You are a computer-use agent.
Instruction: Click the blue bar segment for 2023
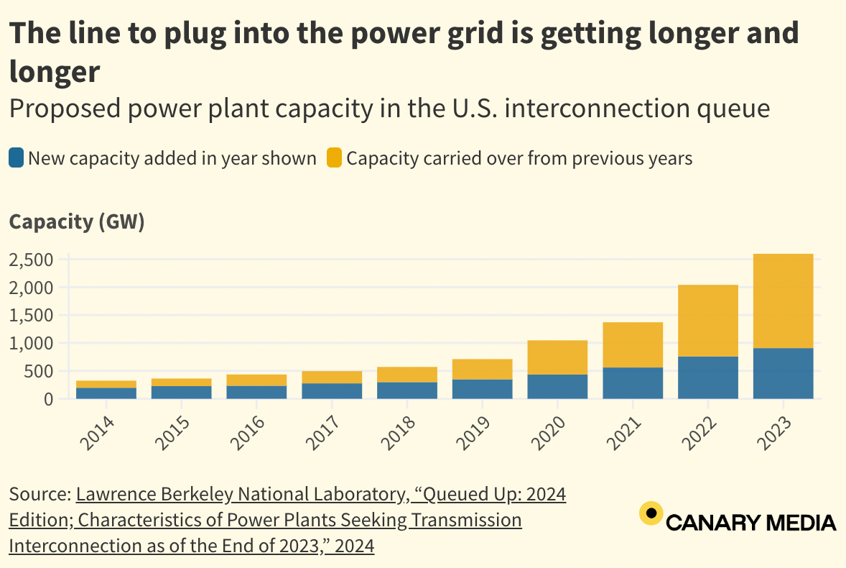[783, 373]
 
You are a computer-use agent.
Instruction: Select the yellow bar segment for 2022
[707, 321]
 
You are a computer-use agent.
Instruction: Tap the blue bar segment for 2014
[106, 393]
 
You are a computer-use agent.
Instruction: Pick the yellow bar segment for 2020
[557, 357]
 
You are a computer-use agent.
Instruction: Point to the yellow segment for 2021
[633, 344]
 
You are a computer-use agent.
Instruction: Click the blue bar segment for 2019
[482, 388]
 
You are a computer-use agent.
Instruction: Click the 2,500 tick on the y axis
[31, 260]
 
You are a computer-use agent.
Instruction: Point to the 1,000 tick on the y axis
[31, 344]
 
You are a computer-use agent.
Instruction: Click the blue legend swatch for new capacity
[17, 158]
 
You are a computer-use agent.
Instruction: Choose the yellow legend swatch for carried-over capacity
[334, 158]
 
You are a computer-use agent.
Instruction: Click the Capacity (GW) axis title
[77, 222]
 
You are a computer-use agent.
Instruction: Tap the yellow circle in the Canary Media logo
[651, 513]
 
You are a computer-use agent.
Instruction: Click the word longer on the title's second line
[54, 71]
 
